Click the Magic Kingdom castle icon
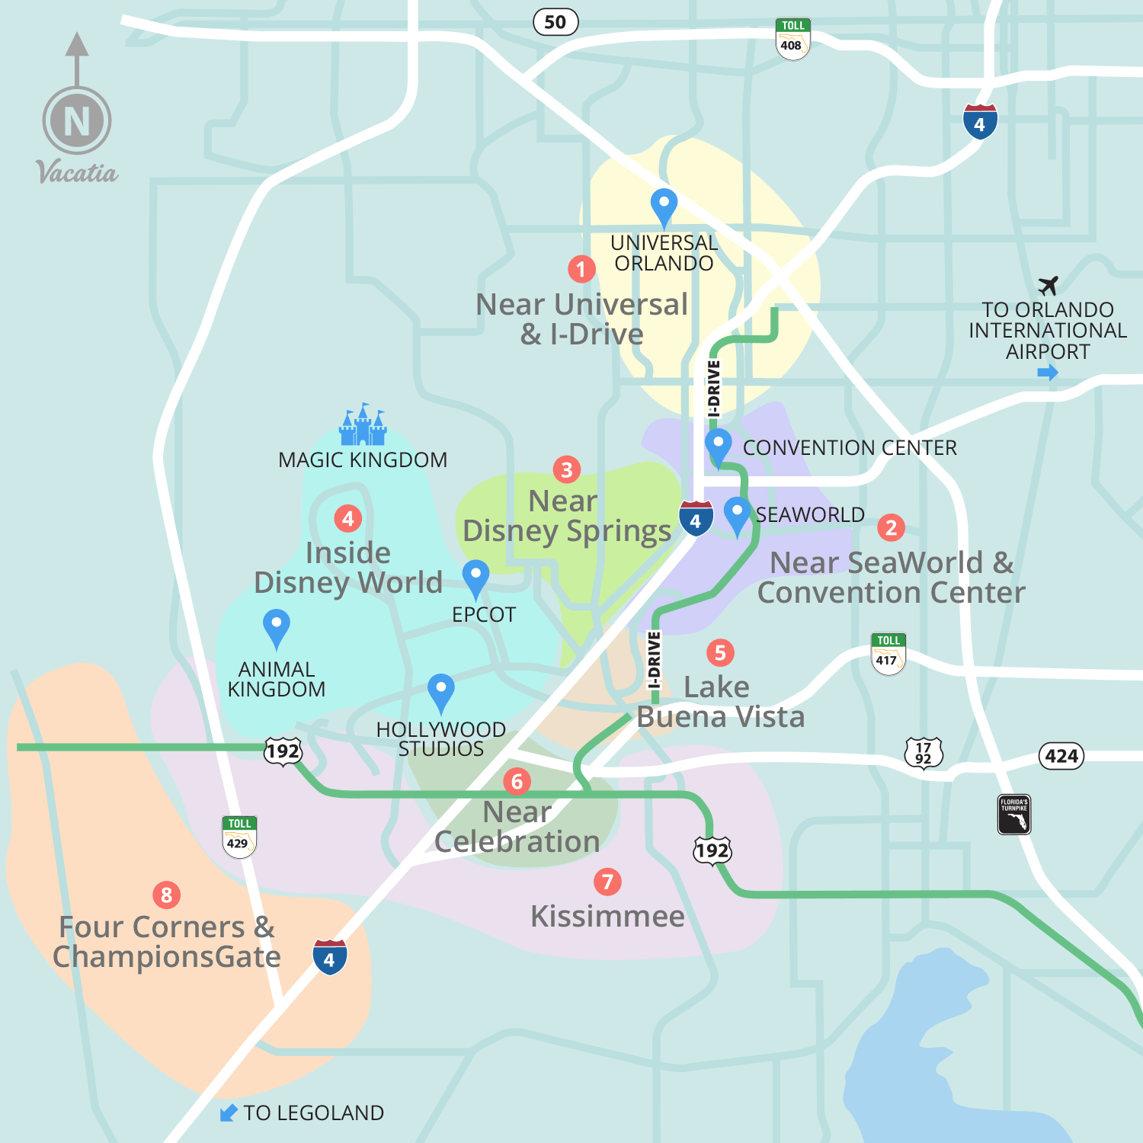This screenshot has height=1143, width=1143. coord(363,425)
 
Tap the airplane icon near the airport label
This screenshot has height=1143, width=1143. coord(1049,286)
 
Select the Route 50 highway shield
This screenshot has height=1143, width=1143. coord(555,22)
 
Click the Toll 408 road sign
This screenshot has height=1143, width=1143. coord(792,39)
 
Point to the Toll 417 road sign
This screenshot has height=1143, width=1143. coord(888,654)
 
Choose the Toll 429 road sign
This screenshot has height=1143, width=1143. coord(239,837)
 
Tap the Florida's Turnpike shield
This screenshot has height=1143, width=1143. coord(1014,815)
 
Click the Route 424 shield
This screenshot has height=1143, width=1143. coord(1061,756)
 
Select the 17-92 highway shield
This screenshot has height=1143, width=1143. coord(924,753)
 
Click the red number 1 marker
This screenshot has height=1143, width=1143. coord(581,269)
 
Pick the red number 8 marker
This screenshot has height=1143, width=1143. coord(167,895)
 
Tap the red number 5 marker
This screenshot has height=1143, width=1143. coord(720,652)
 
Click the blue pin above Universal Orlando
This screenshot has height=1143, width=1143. coord(664,206)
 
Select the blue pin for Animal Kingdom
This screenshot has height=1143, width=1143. coord(276,626)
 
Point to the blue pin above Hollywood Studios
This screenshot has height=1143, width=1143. coord(440,690)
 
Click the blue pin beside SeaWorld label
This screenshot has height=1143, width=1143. coord(737,514)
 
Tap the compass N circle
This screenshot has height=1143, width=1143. coord(77,120)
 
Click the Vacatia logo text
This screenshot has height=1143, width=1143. coord(77,172)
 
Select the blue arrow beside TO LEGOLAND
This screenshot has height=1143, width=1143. coord(228,1113)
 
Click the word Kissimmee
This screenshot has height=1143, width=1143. coord(607,917)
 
